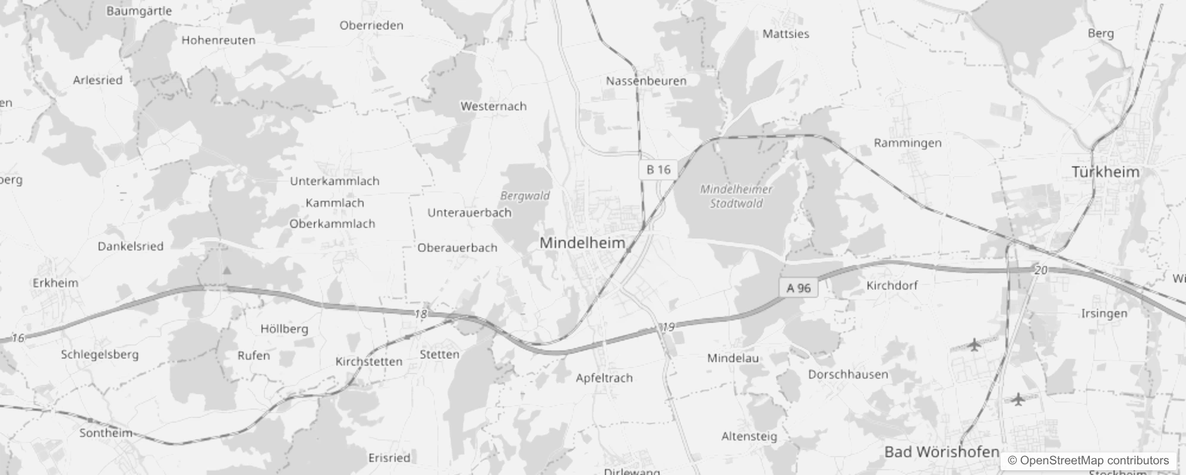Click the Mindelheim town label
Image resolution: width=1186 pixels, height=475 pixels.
coord(582,242)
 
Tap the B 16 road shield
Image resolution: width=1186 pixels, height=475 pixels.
coord(658,170)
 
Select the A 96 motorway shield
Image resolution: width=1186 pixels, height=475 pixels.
coord(799,288)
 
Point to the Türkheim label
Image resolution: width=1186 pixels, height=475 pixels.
coord(1105,172)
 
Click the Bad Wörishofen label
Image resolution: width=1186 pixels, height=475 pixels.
coord(942,452)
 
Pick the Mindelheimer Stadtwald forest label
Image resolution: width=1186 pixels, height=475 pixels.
coord(736,197)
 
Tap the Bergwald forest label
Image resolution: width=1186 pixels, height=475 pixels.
coord(525,195)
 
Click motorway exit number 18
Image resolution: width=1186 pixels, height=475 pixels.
coord(421,313)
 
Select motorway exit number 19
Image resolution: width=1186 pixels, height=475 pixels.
coord(668,327)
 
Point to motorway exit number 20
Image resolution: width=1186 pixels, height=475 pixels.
coord(1040,270)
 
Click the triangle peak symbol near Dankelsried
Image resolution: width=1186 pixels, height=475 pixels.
coord(226,271)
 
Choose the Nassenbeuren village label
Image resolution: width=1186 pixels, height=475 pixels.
coord(646,81)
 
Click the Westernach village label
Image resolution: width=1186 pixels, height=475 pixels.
coord(493,106)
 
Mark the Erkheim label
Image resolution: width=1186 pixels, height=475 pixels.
coord(55,283)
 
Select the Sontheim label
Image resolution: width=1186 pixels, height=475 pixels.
coord(106,433)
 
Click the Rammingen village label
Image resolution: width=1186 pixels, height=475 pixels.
coord(907,143)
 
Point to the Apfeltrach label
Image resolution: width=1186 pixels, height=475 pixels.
coord(604,378)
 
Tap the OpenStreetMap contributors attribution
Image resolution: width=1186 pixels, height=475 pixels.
coord(1088,460)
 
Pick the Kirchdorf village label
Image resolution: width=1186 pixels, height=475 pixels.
coord(891,285)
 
